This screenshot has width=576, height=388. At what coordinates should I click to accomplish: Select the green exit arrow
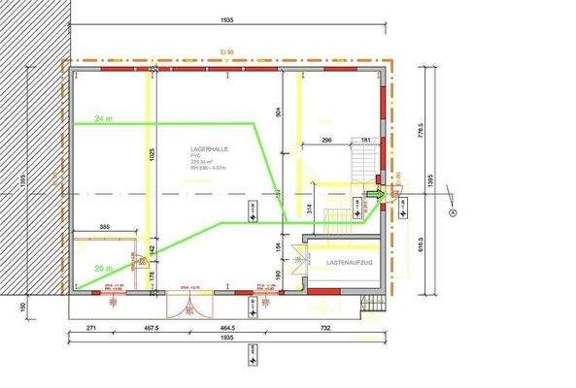[374, 196]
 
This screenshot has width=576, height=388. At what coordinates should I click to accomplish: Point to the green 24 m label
[104, 118]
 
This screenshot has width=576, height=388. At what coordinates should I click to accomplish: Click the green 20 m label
[104, 267]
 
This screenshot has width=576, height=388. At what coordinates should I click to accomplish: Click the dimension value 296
[326, 141]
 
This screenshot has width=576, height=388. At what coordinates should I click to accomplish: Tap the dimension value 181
[366, 141]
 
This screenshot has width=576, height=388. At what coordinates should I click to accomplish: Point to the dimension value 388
[105, 228]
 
